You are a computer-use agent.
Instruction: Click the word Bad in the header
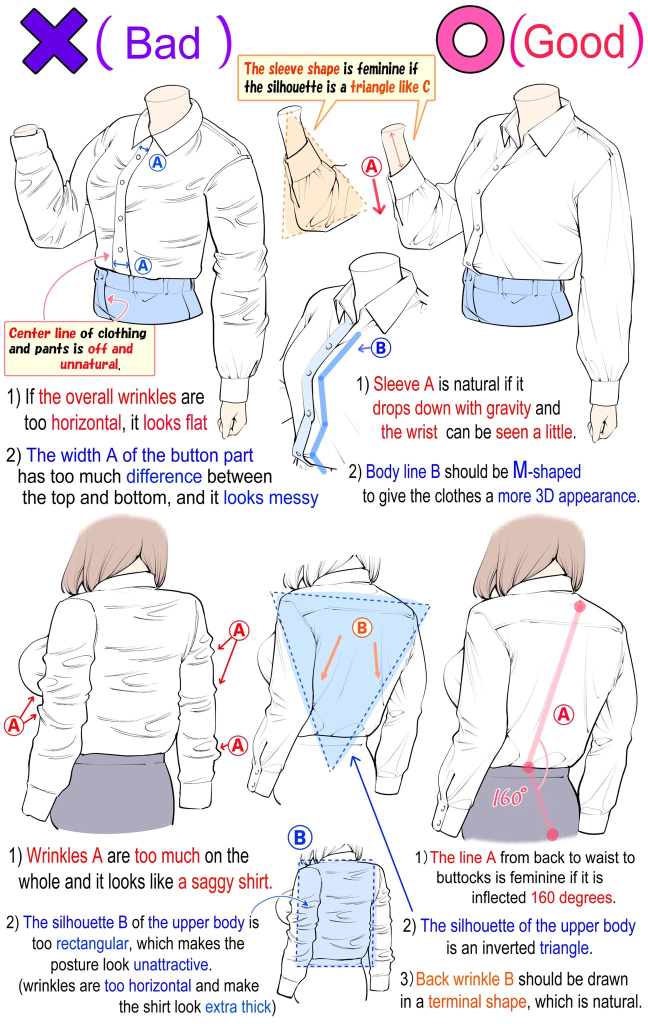(163, 43)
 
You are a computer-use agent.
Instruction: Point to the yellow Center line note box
(79, 349)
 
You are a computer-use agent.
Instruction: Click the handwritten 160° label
(509, 796)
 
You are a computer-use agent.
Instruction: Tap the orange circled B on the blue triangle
(362, 627)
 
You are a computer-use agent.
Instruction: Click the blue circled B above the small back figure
(300, 837)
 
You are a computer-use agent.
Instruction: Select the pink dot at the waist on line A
(528, 767)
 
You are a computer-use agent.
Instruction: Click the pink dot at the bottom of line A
(552, 834)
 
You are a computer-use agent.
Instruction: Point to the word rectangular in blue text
(92, 943)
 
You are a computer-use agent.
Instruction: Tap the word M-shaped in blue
(547, 471)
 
